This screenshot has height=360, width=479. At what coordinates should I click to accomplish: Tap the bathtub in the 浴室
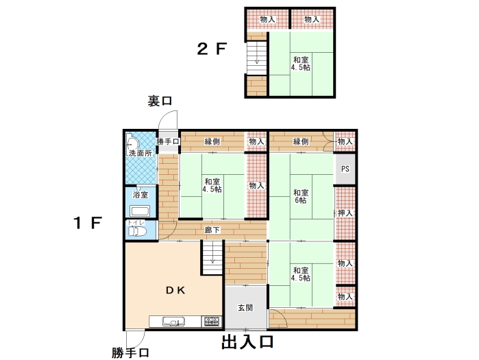pos(140,211)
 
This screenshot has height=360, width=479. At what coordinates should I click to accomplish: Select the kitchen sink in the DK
pos(173,322)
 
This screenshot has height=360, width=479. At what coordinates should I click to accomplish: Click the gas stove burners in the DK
pos(212,322)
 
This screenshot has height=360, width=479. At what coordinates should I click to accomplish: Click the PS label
pos(345,169)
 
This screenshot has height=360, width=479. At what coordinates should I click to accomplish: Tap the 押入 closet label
pos(345,213)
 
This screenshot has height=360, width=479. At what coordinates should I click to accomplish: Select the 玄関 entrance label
pos(245,308)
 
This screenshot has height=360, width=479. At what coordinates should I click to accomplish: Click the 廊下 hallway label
pos(212,230)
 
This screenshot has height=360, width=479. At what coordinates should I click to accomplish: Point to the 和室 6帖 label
pos(301,197)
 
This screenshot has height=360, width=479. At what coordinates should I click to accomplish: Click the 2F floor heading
pos(212,49)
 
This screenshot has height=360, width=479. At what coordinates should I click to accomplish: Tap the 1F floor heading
pos(87,223)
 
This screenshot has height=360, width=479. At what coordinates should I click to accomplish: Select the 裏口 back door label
pos(160,101)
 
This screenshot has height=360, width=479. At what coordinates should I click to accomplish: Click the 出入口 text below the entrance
pos(247,341)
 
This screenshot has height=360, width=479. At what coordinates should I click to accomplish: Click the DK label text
pos(175,290)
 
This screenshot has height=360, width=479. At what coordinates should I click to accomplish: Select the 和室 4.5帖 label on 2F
pos(301,63)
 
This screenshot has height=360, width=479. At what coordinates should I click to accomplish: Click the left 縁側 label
pos(212,141)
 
